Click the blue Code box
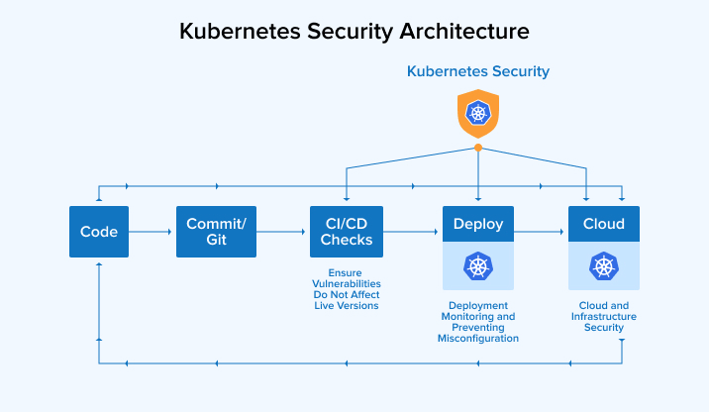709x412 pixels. [99, 232]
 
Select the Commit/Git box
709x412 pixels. [216, 232]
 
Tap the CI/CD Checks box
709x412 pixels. [347, 232]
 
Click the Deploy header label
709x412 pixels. [478, 224]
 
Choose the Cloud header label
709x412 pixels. [604, 224]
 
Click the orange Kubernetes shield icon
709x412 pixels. [478, 113]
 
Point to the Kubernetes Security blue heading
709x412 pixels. [478, 72]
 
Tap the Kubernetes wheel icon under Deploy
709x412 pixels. [478, 265]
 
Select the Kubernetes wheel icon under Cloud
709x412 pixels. [604, 265]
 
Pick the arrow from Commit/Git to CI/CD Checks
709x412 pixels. [282, 233]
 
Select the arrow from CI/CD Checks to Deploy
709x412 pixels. [411, 233]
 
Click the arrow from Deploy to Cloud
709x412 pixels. [541, 233]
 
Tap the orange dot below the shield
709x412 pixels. [478, 148]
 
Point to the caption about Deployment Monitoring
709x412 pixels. [478, 322]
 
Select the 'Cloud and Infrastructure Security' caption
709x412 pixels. [604, 316]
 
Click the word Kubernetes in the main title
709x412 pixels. [234, 31]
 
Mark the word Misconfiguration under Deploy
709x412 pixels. [478, 339]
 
